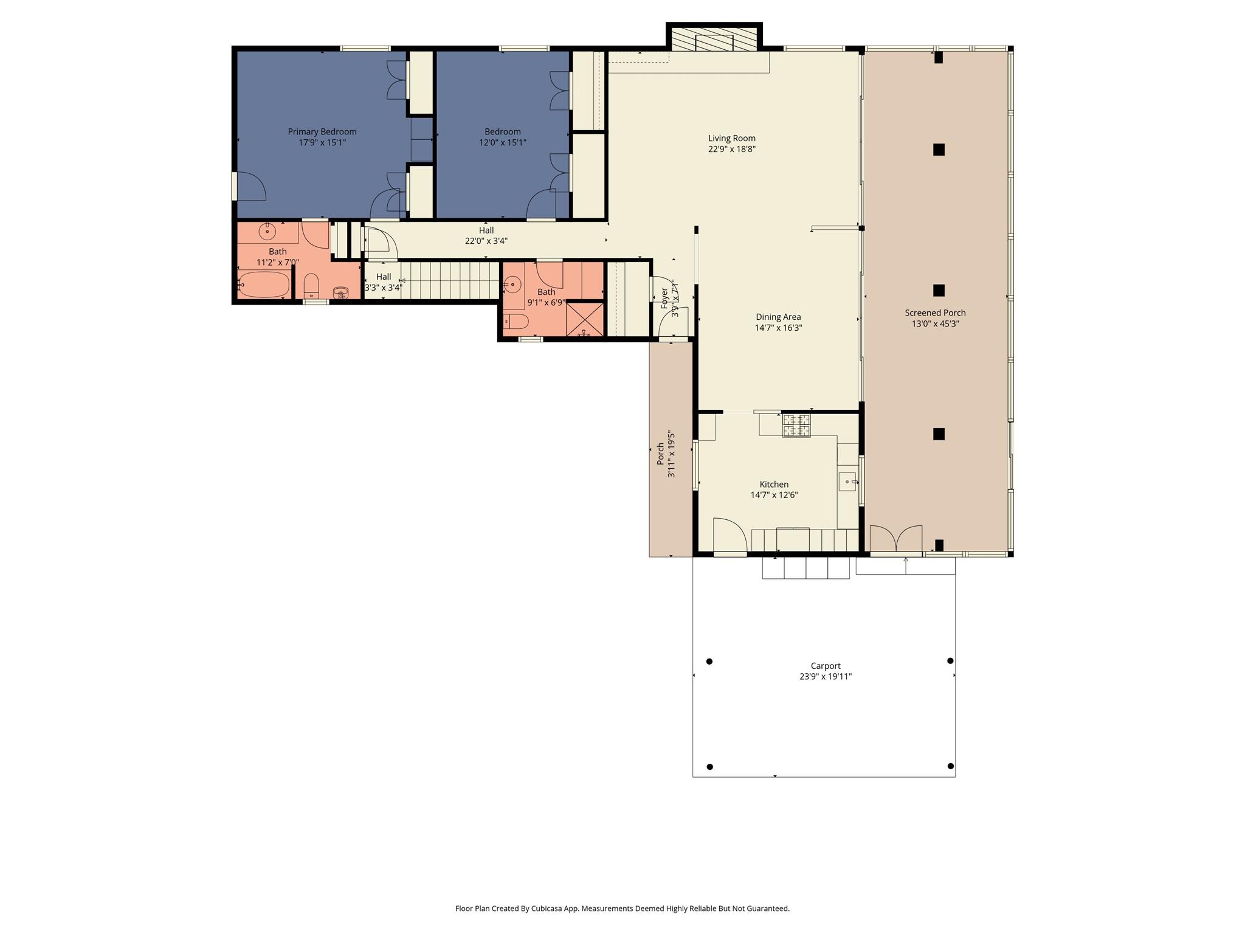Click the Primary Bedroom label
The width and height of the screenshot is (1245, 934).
point(322,131)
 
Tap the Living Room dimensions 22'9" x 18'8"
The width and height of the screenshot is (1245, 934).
point(731,149)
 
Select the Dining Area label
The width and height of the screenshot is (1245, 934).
point(778,317)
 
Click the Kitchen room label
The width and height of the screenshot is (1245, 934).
point(774,485)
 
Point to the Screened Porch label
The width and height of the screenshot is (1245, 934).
point(935,313)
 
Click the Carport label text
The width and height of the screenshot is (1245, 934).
point(825,666)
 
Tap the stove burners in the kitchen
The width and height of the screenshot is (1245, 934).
point(796,425)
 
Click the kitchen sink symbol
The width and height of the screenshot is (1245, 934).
point(847,482)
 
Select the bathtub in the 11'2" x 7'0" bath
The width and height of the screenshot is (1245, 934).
point(264,284)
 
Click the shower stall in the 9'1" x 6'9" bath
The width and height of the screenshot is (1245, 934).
point(584,319)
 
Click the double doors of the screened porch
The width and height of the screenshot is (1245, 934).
point(896,539)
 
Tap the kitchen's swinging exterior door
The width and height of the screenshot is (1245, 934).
point(729,536)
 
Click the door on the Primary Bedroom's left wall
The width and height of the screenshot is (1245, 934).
point(249,187)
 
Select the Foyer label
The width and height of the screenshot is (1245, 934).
point(664,298)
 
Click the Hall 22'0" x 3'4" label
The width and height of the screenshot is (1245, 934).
point(486,235)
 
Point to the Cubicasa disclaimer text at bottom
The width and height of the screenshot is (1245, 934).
point(622,908)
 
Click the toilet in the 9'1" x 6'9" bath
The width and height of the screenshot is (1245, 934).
point(516,321)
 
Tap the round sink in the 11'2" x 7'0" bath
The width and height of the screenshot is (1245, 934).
point(267,232)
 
